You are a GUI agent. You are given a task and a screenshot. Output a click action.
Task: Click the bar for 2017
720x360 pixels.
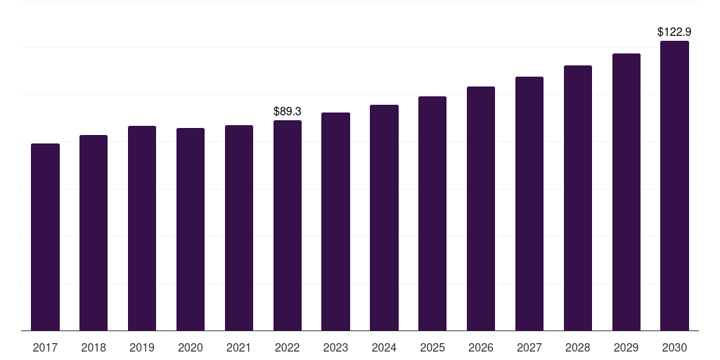point(45,237)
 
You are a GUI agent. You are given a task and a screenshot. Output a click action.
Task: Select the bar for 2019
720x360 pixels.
point(142,229)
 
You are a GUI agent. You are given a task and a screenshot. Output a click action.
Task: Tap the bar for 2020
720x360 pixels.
point(191,229)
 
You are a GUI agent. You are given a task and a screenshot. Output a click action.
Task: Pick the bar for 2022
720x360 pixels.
point(288,226)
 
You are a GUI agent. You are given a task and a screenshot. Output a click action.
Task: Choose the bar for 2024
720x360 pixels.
point(384,218)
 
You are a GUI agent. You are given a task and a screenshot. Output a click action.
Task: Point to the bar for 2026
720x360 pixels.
point(481,209)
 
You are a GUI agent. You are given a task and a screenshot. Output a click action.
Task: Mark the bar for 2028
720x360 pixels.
point(578,198)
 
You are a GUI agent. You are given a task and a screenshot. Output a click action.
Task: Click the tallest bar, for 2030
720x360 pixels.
point(675,186)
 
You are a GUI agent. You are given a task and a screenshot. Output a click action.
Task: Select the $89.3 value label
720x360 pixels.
point(288,111)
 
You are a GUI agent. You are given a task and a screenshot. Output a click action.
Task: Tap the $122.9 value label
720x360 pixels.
point(675,32)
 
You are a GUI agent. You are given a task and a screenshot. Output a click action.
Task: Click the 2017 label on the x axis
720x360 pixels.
point(45,347)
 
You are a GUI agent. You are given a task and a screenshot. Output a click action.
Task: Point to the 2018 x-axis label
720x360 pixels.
point(94,347)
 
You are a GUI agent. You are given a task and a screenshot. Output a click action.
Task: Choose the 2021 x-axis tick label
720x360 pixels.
point(239,347)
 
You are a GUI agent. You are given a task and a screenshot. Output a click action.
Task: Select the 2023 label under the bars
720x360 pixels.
point(335,347)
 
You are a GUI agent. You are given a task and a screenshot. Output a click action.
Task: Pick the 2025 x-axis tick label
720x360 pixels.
point(432,347)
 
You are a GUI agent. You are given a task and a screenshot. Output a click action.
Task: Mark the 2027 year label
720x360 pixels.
point(529,347)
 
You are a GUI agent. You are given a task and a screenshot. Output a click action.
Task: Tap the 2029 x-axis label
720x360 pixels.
point(626,347)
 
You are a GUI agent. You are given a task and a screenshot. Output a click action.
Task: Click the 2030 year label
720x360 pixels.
point(675,347)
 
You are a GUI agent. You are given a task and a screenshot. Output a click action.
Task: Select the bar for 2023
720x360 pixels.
point(335,221)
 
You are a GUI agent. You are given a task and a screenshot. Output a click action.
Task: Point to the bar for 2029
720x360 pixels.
point(626,192)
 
